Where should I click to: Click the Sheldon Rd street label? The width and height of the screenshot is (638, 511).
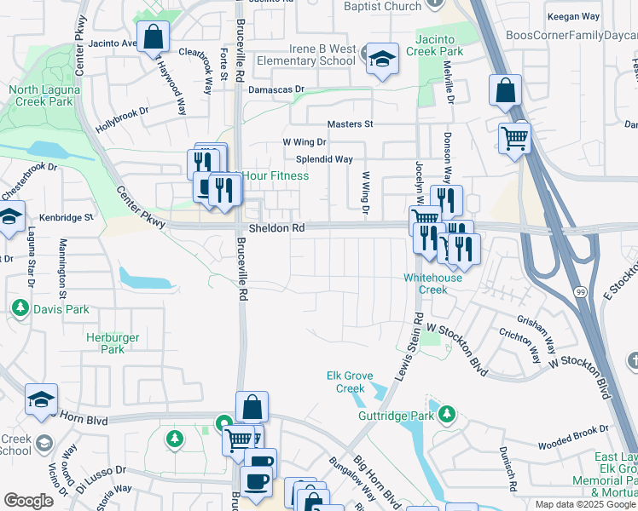click(x=276, y=229)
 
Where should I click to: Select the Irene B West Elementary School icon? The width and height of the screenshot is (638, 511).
click(x=383, y=59)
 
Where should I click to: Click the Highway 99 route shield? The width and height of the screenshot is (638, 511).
click(x=581, y=292)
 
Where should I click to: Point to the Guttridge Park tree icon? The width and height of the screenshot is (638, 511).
click(x=446, y=416)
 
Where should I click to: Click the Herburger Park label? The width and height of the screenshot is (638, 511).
click(x=107, y=343)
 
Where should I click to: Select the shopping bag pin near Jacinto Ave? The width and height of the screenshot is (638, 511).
click(x=153, y=37)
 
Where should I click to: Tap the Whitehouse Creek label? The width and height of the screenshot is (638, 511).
click(x=433, y=284)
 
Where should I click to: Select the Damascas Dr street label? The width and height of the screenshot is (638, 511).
click(x=276, y=89)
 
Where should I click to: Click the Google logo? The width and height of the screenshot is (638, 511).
click(x=29, y=501)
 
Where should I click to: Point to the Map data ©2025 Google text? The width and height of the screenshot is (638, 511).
click(x=585, y=504)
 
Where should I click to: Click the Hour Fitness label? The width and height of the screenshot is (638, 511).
click(x=275, y=176)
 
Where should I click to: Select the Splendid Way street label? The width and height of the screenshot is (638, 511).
click(x=324, y=159)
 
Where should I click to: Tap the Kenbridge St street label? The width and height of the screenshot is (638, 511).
click(x=65, y=217)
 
